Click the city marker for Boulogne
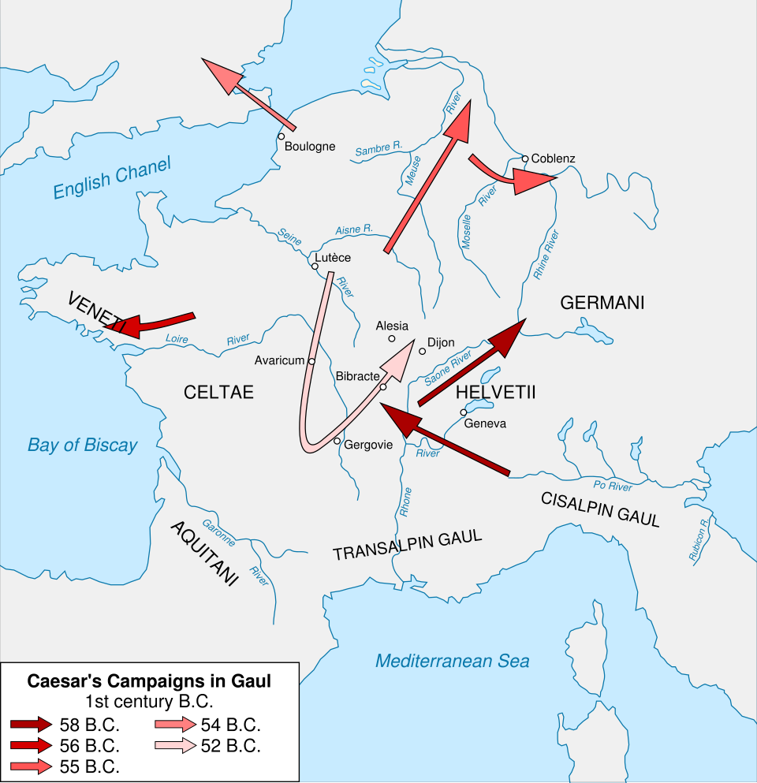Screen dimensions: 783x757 point(281,136)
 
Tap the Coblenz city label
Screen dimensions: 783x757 point(553,158)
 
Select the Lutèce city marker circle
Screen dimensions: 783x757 point(315,267)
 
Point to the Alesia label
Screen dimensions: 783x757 point(392,326)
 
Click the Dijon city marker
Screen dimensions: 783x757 point(423,351)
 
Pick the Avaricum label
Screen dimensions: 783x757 point(279,360)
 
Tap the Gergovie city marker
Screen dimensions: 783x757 point(337,441)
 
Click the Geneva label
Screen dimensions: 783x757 point(485,423)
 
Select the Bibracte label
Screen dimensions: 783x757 point(357,376)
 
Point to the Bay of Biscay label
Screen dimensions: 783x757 point(82,445)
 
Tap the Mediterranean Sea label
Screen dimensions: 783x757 point(452,661)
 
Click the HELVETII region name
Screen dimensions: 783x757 point(495,392)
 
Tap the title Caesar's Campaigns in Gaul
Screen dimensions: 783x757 point(149,681)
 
